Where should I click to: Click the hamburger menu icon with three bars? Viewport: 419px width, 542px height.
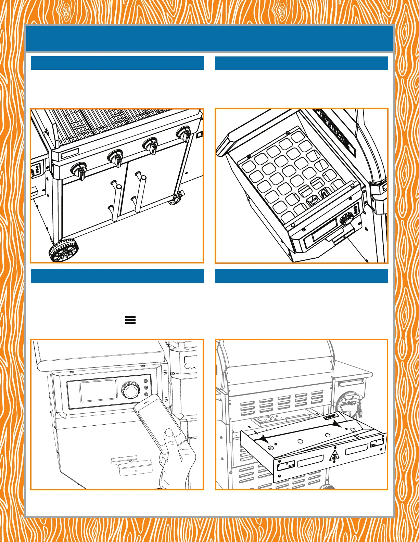[130, 320]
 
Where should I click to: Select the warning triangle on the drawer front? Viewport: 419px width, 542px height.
[334, 455]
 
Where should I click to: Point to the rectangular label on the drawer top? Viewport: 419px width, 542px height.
[331, 417]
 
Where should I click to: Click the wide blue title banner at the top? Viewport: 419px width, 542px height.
[209, 38]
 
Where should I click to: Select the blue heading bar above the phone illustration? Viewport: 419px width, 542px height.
[117, 276]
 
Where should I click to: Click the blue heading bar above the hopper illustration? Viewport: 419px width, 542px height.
[301, 63]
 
